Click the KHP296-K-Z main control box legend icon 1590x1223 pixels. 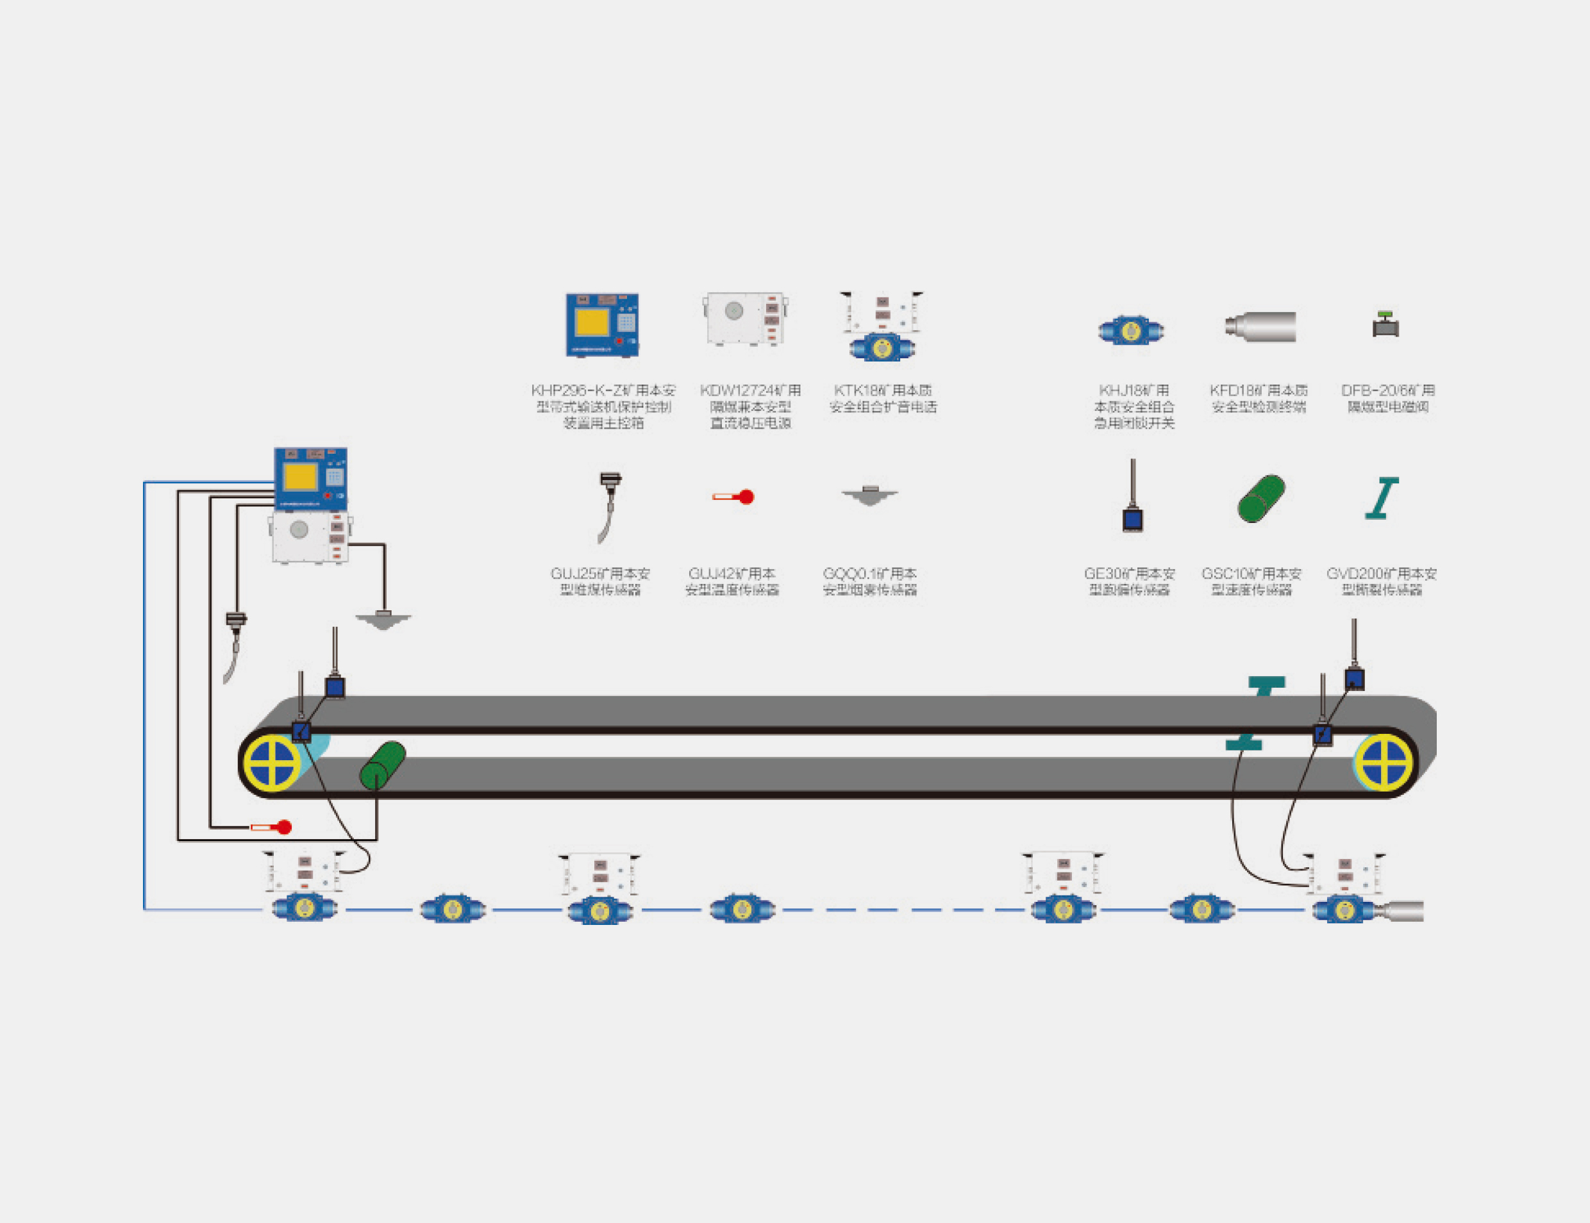tap(602, 325)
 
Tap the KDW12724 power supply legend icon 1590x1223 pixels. tap(746, 319)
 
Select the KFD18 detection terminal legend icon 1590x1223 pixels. tap(1261, 326)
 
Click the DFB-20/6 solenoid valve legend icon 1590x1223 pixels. tap(1385, 325)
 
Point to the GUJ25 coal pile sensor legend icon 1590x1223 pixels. tap(608, 506)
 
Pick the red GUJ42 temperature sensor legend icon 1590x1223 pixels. tap(734, 497)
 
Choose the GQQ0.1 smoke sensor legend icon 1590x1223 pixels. tap(869, 495)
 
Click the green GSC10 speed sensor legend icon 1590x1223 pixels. tap(1261, 499)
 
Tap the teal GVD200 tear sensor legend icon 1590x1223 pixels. tap(1381, 498)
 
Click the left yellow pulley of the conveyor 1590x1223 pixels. tap(272, 763)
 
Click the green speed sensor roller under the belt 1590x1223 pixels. tap(382, 765)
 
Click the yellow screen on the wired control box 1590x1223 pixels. tap(300, 478)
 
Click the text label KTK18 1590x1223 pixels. tap(882, 390)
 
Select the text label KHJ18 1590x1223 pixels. tap(1134, 390)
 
